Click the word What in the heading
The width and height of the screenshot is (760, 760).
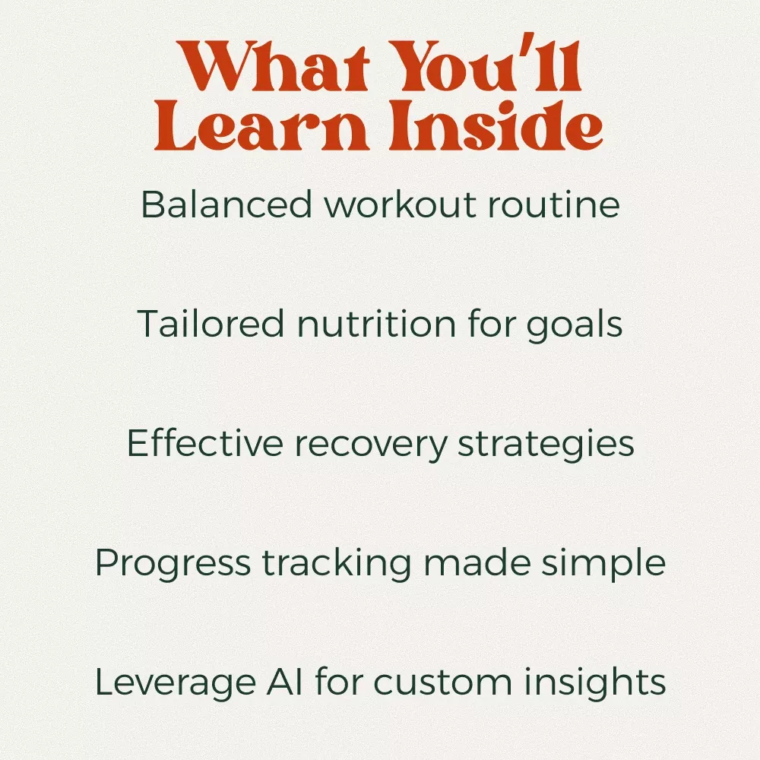273,66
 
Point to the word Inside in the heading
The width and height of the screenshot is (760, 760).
496,125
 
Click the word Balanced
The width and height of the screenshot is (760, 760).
226,204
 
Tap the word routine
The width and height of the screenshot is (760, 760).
554,204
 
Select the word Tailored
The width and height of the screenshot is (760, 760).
211,323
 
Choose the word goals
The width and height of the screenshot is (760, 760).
575,325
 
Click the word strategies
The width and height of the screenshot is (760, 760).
546,445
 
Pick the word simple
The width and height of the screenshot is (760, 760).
603,564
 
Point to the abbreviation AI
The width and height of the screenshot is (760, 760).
285,682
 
